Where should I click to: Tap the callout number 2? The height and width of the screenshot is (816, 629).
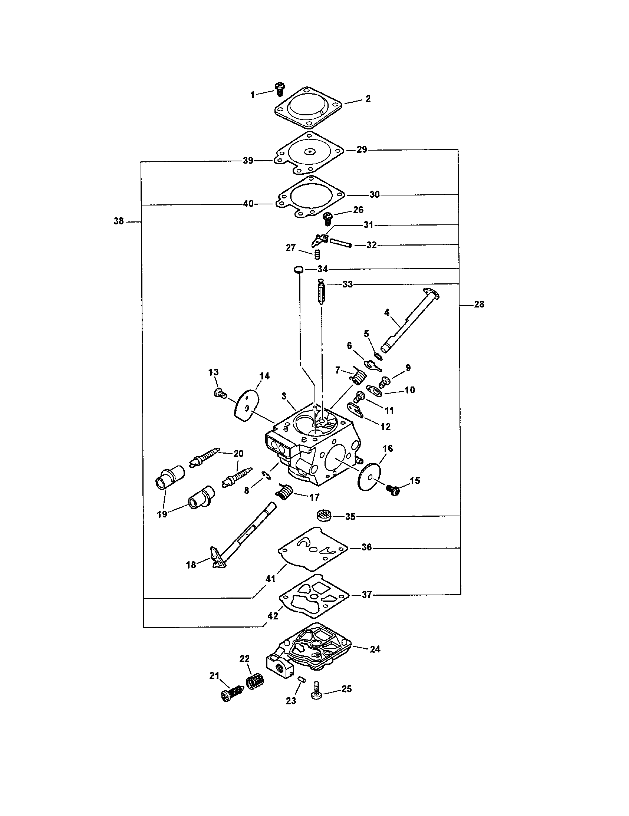pyautogui.click(x=368, y=99)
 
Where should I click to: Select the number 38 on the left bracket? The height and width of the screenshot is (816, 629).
pyautogui.click(x=119, y=221)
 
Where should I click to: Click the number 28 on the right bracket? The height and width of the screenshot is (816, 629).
pyautogui.click(x=479, y=305)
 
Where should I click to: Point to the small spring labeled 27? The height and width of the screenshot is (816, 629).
pyautogui.click(x=317, y=255)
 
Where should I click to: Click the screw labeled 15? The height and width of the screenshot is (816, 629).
pyautogui.click(x=393, y=490)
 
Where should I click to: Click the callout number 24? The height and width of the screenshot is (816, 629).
pyautogui.click(x=375, y=649)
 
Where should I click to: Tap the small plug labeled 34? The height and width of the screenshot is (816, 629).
pyautogui.click(x=298, y=269)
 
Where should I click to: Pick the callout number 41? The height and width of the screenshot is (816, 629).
pyautogui.click(x=270, y=579)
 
